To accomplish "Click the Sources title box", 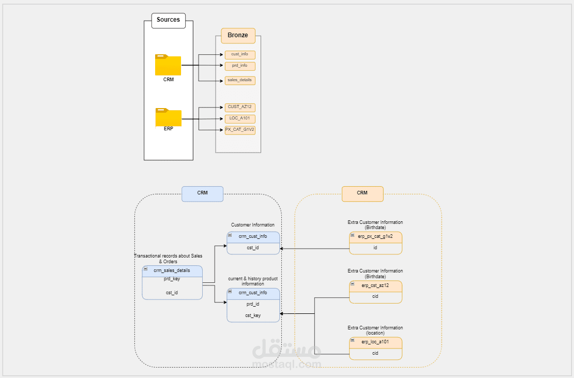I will (x=168, y=20).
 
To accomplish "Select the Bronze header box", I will (x=238, y=36).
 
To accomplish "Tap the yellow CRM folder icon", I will (x=168, y=65).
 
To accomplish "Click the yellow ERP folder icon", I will (x=168, y=118).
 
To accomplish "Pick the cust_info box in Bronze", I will (x=240, y=55).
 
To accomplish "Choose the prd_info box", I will (x=240, y=66).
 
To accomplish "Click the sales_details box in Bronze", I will (x=240, y=81).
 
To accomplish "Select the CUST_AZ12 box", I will (x=240, y=107).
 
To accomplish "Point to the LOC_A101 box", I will (x=240, y=119).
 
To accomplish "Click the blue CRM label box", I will (x=202, y=193).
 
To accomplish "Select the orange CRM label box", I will (x=362, y=193).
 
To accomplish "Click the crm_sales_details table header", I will (x=172, y=271).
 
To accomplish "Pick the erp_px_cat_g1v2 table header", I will (x=375, y=237).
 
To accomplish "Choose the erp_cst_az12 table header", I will (x=375, y=285).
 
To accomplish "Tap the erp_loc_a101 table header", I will (x=375, y=342).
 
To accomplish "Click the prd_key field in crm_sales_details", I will (x=172, y=279).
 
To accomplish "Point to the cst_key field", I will (x=253, y=315).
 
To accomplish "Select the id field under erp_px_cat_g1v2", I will (x=375, y=248).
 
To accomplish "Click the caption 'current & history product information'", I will (x=253, y=281).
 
